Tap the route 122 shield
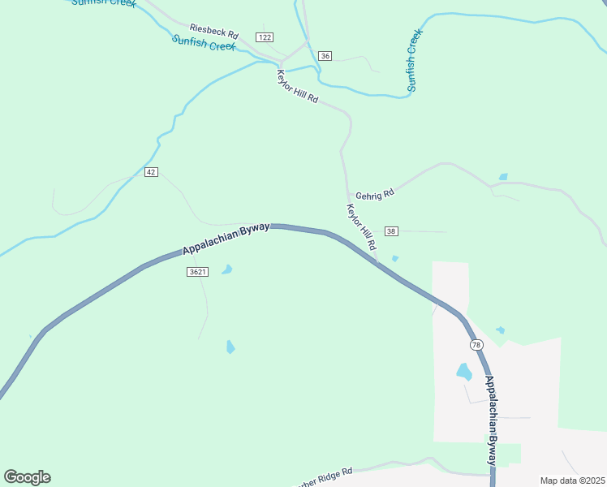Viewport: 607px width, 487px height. click(x=264, y=37)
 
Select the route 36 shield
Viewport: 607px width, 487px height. click(x=325, y=56)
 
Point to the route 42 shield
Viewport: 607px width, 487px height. click(x=151, y=172)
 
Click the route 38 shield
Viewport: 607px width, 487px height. click(x=392, y=231)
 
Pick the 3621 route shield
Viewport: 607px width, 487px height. click(x=197, y=272)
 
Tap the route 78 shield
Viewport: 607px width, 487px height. click(x=476, y=345)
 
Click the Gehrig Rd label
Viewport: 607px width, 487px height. click(x=375, y=194)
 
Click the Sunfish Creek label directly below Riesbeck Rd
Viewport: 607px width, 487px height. click(x=203, y=43)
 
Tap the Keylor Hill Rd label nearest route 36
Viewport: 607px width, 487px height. click(x=297, y=84)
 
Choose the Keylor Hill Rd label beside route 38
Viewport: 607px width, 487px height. click(x=362, y=226)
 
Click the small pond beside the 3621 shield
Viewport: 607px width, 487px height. click(x=227, y=269)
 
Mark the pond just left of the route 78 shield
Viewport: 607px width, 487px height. click(x=464, y=372)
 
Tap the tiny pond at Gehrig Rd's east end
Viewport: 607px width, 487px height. click(x=504, y=176)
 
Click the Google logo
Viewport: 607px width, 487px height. click(x=27, y=477)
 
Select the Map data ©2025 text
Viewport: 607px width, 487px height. click(x=572, y=481)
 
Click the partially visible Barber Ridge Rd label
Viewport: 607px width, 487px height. click(x=325, y=475)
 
